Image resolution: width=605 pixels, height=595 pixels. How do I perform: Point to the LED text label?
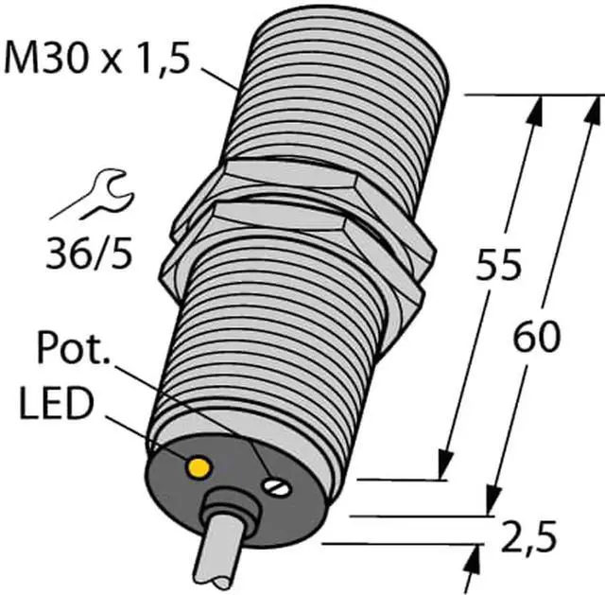[58, 404]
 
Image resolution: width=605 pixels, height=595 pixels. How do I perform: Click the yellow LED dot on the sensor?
[199, 467]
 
